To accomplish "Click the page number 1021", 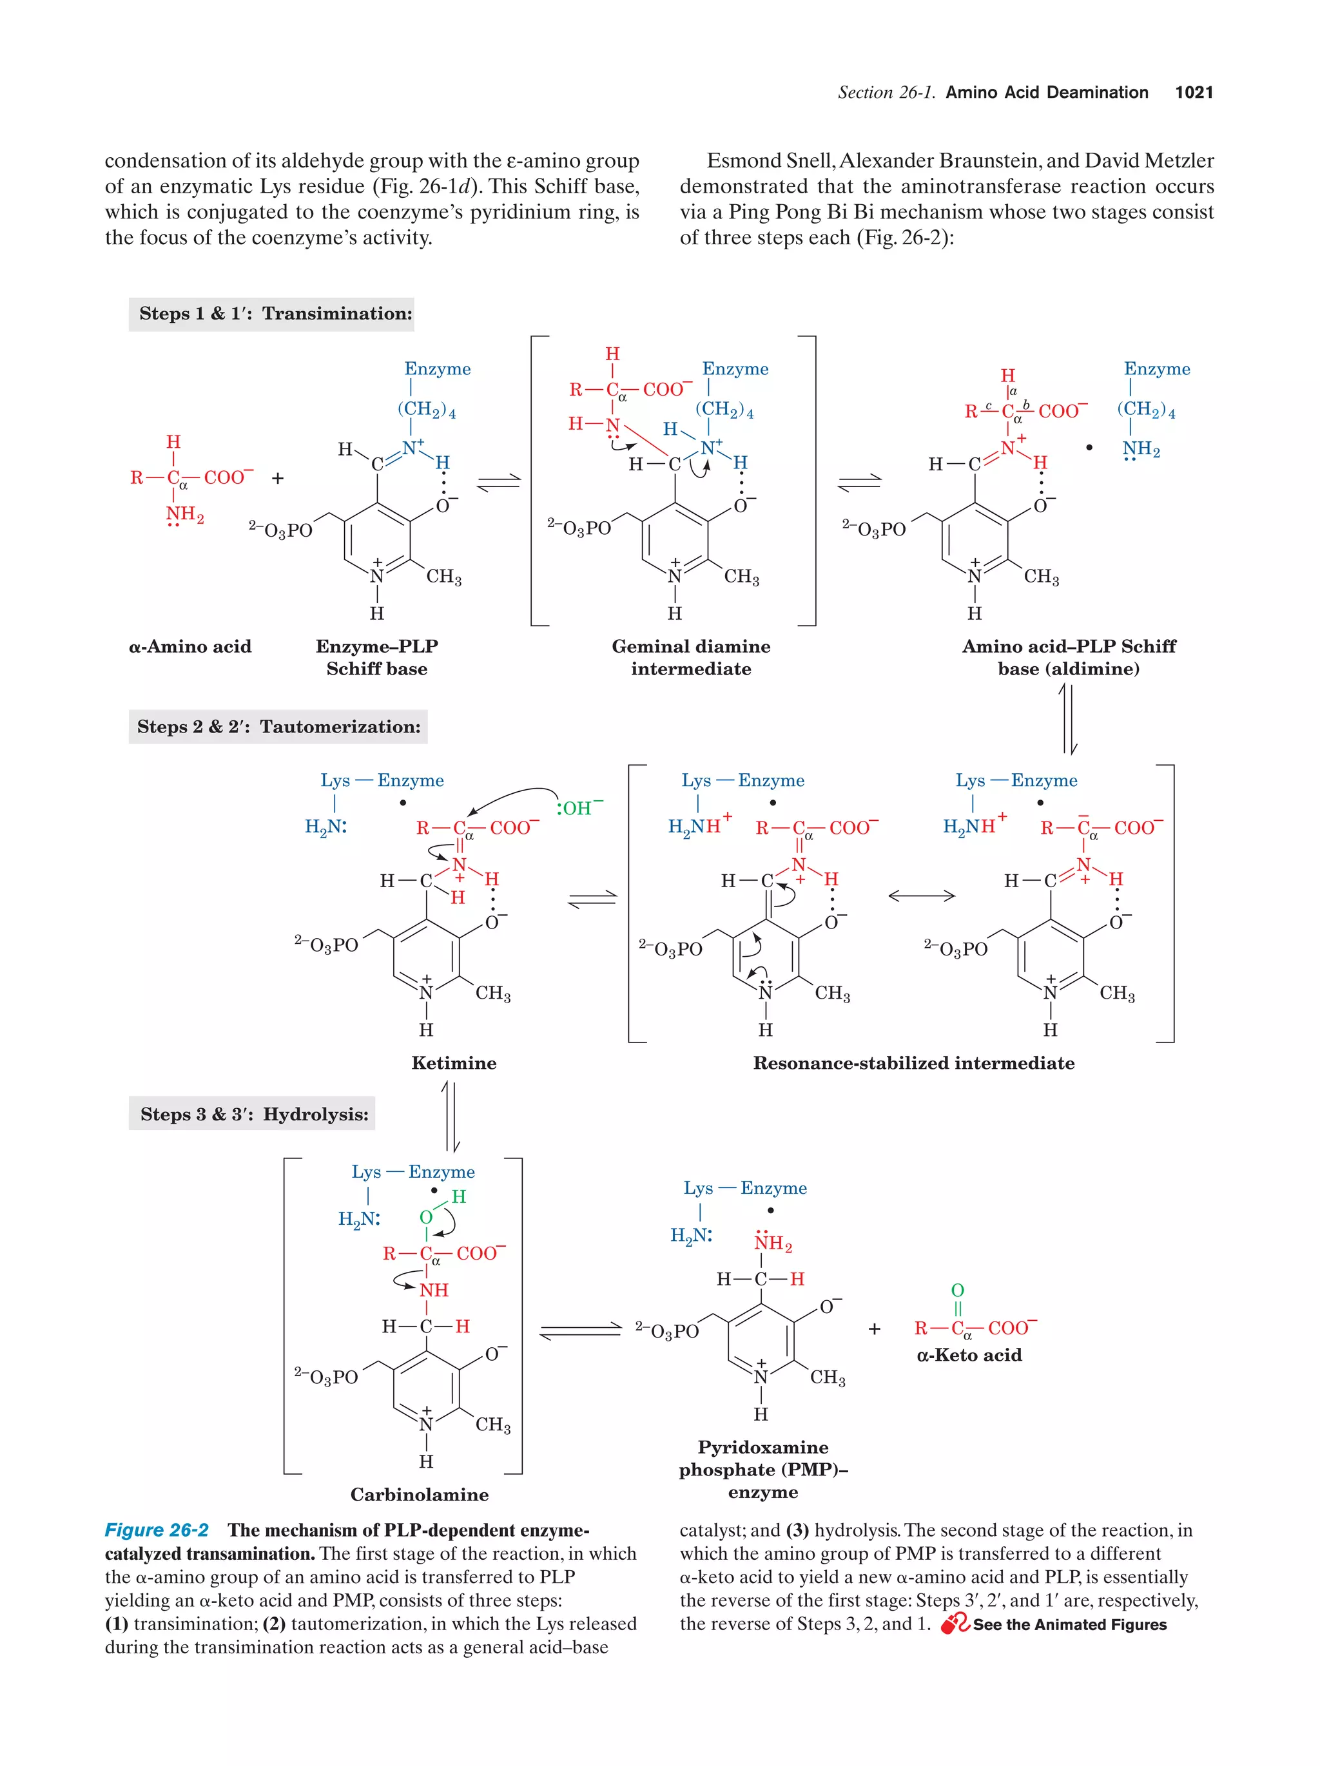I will [x=1193, y=93].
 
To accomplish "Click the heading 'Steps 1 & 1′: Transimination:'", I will [x=275, y=314].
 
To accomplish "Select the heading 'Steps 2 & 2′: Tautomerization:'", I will [x=278, y=727].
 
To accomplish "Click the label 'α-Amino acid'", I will [x=190, y=647].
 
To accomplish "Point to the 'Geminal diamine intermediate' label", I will [x=691, y=657].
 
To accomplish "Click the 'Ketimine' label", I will [x=454, y=1062].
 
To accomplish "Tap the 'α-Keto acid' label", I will [x=969, y=1355].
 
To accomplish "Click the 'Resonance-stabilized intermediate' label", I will [x=913, y=1062].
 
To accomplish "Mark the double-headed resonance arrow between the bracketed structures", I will [x=921, y=896].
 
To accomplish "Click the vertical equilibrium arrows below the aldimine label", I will [x=1069, y=718].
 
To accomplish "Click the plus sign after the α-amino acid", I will [x=277, y=478].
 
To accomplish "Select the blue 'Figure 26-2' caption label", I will [x=157, y=1530].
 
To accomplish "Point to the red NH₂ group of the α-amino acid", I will [x=184, y=515].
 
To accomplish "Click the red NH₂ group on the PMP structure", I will [x=772, y=1242].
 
